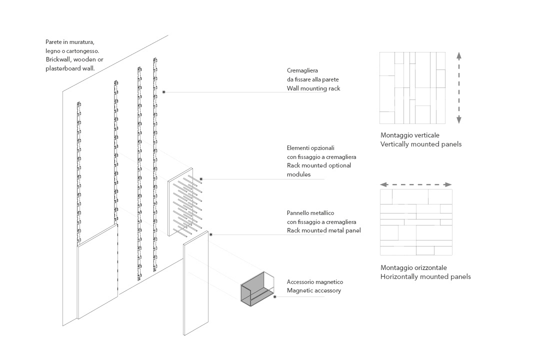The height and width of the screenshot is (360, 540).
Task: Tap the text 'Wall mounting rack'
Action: (x=313, y=88)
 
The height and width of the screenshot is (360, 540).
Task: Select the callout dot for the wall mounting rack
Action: (x=164, y=92)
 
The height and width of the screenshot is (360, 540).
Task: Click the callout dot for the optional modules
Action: (x=201, y=179)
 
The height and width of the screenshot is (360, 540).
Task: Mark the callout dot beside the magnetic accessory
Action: (x=274, y=296)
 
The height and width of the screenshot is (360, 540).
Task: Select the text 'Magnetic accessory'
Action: (x=314, y=290)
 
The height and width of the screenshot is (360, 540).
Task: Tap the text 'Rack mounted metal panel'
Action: (x=323, y=230)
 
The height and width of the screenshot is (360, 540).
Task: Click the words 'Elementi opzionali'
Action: (x=310, y=148)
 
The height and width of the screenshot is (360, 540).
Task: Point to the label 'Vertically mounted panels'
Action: (x=420, y=144)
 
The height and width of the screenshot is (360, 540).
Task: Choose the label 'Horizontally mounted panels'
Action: (x=425, y=276)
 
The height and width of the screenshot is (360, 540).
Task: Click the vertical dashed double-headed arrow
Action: (x=458, y=87)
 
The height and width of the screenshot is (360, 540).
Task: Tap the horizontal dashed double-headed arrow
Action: (x=416, y=184)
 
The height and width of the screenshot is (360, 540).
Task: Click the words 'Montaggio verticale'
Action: (x=410, y=135)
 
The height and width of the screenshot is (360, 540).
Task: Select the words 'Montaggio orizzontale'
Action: (x=413, y=267)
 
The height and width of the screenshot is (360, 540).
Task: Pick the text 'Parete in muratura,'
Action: (x=69, y=42)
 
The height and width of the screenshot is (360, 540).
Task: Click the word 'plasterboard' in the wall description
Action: (x=63, y=68)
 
